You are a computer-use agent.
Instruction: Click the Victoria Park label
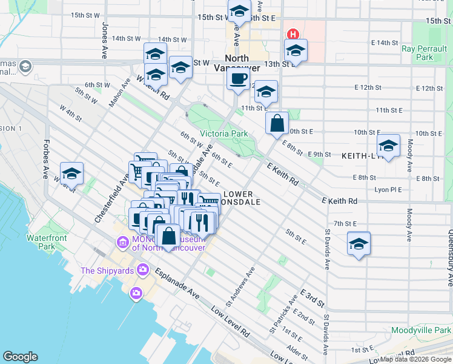[x=223, y=133]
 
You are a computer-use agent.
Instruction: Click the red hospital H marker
[x=293, y=35]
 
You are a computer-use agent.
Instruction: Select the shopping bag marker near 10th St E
[x=277, y=123]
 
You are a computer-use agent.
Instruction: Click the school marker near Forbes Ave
[x=71, y=174]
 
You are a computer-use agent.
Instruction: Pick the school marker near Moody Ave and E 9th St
[x=388, y=146]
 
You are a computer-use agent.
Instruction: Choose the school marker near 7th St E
[x=359, y=243]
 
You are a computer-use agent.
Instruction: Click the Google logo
[x=20, y=357]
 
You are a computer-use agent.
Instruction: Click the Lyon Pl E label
[x=388, y=190]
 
